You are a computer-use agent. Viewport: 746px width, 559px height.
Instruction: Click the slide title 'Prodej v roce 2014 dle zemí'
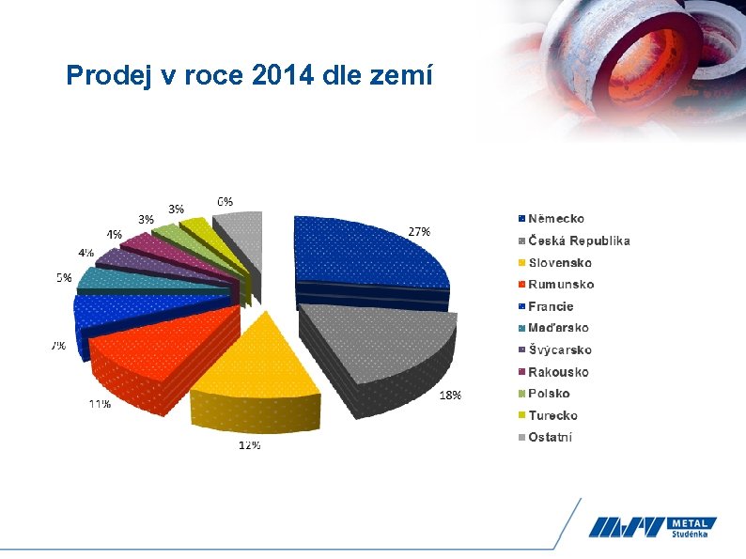(x=249, y=75)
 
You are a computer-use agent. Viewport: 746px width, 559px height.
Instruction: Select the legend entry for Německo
(x=555, y=219)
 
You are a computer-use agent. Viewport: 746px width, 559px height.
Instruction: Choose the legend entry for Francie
(x=550, y=306)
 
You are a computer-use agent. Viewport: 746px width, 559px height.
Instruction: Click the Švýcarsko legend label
(x=559, y=350)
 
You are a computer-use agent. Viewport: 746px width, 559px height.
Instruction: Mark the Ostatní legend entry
(x=550, y=437)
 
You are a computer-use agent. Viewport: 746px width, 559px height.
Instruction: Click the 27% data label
(x=419, y=231)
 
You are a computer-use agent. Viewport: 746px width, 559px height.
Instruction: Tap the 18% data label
(x=450, y=396)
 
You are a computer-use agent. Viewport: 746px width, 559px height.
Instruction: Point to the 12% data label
(x=249, y=445)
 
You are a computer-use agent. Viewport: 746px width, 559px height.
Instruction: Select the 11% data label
(x=100, y=404)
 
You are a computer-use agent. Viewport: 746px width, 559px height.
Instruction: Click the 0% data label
(x=225, y=201)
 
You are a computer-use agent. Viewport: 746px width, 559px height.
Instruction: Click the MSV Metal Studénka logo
(x=652, y=528)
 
